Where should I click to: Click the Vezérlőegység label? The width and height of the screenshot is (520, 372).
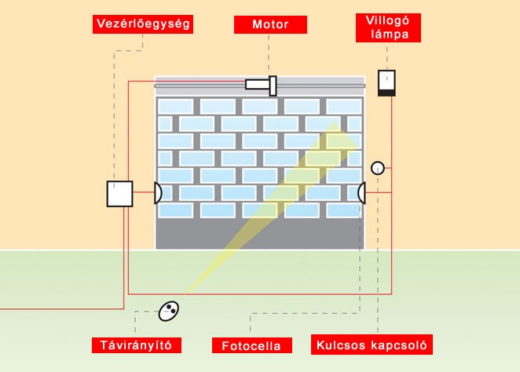(142, 24)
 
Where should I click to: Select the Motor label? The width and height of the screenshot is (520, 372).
(269, 25)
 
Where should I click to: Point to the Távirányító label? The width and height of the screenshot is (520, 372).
(136, 345)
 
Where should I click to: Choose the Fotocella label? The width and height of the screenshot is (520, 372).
(251, 345)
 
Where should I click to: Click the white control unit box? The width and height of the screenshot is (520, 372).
(119, 193)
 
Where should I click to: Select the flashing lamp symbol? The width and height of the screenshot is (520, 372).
(386, 82)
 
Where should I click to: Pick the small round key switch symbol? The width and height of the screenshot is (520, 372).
(377, 167)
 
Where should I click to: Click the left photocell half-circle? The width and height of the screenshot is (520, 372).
(158, 193)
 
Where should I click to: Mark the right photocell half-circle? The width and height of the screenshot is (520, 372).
(362, 192)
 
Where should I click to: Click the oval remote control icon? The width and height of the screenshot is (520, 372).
(169, 312)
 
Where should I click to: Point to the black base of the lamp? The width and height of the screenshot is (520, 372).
(386, 93)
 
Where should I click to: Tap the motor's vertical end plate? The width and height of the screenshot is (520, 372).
(273, 85)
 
